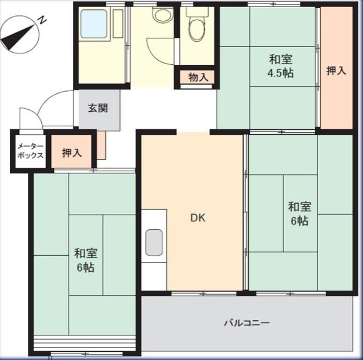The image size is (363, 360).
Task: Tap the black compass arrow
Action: pyautogui.click(x=18, y=38)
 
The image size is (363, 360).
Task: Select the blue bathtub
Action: pyautogui.click(x=94, y=24)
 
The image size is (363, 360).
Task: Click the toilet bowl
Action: pyautogui.click(x=197, y=29)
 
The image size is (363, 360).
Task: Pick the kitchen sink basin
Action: pyautogui.click(x=154, y=243)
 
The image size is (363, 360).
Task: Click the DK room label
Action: pyautogui.click(x=198, y=218)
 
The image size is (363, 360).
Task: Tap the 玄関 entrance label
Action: pyautogui.click(x=98, y=108)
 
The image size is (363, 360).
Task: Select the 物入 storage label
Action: pyautogui.click(x=198, y=77)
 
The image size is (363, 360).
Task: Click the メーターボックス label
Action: pyautogui.click(x=30, y=151)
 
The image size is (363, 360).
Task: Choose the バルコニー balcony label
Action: pyautogui.click(x=247, y=323)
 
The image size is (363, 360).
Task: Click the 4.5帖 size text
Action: pyautogui.click(x=281, y=73)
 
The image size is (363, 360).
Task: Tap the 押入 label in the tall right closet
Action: pyautogui.click(x=336, y=71)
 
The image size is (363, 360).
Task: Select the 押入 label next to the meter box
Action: pyautogui.click(x=72, y=153)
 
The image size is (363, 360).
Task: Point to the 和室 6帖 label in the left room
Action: pyautogui.click(x=86, y=260)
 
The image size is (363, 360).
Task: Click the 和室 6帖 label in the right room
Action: pyautogui.click(x=299, y=213)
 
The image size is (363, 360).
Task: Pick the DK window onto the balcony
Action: pyautogui.click(x=204, y=294)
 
